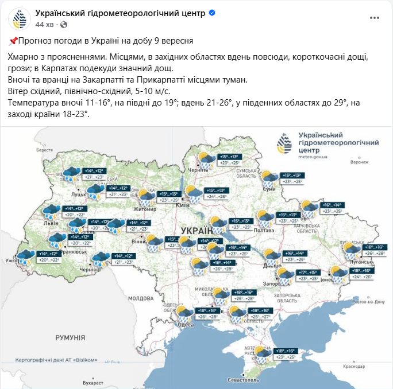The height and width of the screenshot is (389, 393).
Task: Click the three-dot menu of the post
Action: click(x=375, y=18)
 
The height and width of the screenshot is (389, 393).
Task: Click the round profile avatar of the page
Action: click(x=20, y=19)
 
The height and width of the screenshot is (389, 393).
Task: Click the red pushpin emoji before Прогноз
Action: click(x=13, y=41)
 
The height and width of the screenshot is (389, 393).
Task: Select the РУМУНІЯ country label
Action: click(x=70, y=337)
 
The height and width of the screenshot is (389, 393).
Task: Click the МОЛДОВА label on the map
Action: click(x=141, y=298)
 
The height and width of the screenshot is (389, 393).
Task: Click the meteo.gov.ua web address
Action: click(x=313, y=156)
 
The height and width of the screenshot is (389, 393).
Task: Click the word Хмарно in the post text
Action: click(x=25, y=57)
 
